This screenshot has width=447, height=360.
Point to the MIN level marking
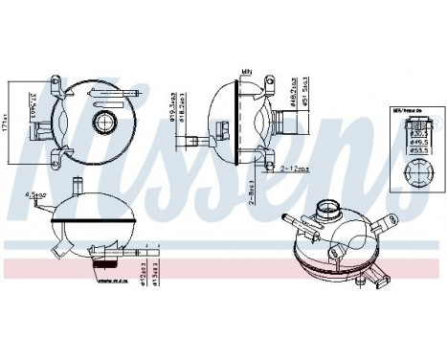coord(246,70)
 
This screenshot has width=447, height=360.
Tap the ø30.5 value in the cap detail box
coord(418,135)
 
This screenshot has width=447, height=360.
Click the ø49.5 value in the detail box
coord(419,143)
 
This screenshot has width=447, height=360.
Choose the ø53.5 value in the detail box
coord(419,150)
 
